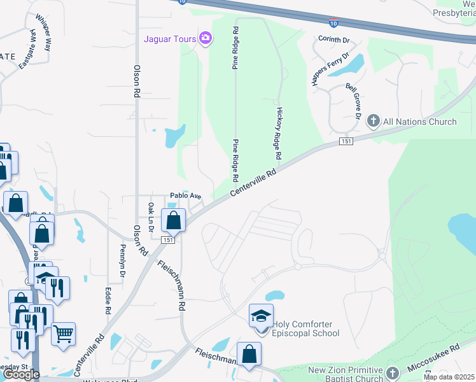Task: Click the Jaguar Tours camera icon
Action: coord(205,39)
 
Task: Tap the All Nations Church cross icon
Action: coord(373,121)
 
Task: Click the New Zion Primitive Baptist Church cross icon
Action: coord(392,373)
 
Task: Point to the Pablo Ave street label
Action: coord(185,196)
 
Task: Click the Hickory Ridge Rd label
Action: coord(279,132)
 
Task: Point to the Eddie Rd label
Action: coord(107,301)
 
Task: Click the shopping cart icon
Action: coord(63,334)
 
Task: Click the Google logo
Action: coord(20,374)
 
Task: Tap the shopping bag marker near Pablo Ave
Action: coord(174,221)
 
